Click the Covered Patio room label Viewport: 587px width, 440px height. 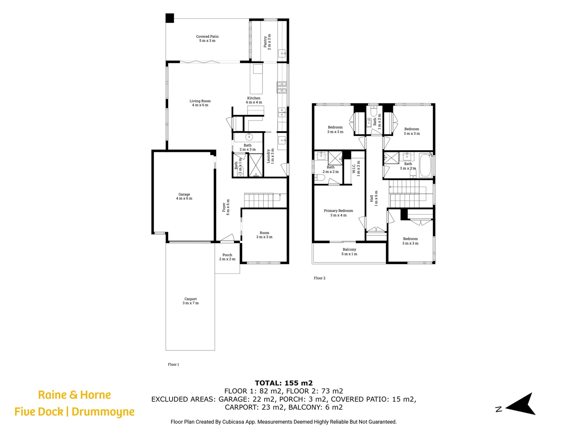207,38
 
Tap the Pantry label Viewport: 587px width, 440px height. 267,42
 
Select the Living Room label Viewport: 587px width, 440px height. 200,103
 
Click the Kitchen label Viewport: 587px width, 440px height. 254,100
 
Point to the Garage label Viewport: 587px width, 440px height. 184,196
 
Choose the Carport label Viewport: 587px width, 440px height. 191,301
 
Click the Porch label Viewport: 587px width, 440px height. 227,257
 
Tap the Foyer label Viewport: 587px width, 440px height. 226,207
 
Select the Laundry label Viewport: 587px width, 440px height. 270,156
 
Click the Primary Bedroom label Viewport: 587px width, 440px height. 338,213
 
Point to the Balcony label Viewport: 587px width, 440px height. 349,251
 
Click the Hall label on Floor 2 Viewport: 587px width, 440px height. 374,198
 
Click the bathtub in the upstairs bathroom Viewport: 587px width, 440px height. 425,165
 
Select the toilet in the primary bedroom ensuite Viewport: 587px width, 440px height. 319,177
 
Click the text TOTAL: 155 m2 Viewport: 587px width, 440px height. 283,383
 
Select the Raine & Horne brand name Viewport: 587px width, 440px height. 74,395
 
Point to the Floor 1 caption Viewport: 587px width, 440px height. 173,365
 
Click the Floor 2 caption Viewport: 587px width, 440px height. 320,278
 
